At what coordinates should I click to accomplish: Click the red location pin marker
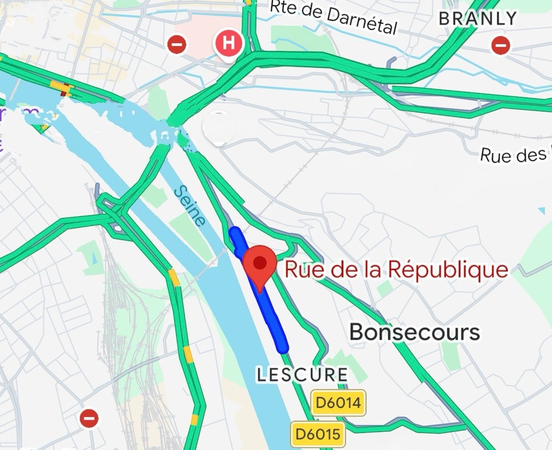pos(260,267)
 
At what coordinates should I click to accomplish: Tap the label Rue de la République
pos(396,269)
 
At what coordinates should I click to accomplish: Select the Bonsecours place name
pos(415,332)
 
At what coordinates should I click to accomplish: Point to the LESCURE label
pos(302,375)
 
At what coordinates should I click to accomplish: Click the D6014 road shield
pos(338,402)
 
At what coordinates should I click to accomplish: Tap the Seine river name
pos(190,206)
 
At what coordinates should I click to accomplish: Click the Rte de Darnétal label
pos(334,16)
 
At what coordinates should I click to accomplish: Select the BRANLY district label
pos(478,19)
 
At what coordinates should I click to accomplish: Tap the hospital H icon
pos(228,43)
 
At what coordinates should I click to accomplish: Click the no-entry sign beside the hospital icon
pos(177,44)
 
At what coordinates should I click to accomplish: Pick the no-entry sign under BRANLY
pos(500,45)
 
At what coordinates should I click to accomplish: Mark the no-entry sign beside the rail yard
pos(89,418)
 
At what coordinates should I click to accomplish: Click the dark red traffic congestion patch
pos(63,93)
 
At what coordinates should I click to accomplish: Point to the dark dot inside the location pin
pos(260,262)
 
